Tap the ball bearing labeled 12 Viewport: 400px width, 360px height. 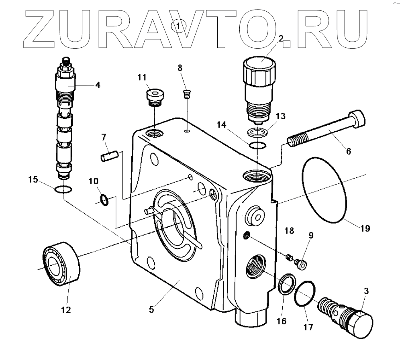coord(61,262)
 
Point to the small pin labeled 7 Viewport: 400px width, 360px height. coord(108,155)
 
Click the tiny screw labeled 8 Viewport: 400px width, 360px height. coord(186,95)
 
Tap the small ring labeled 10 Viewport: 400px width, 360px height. coord(104,199)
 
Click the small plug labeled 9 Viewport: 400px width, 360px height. coord(300,263)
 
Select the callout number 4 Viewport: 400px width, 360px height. coord(97,85)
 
